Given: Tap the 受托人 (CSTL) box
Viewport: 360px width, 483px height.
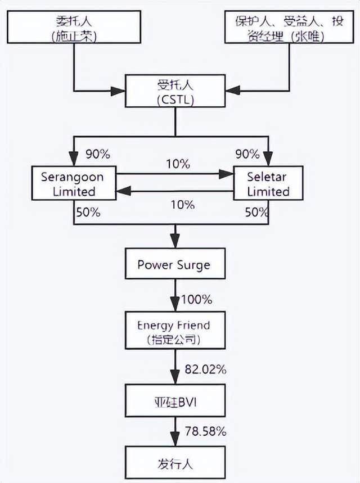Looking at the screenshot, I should click(175, 92).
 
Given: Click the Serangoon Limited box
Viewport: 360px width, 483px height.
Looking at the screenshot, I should click(73, 184).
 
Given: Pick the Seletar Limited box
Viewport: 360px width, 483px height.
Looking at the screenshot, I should click(268, 184).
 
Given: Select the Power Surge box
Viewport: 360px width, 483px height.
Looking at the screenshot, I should click(175, 264).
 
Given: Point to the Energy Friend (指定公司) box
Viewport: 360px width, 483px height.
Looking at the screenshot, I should click(175, 332).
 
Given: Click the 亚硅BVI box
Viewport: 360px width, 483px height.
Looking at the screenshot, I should click(175, 400).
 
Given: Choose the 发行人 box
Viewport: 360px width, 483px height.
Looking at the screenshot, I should click(175, 463).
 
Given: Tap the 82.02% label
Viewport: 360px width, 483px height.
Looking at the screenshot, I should click(205, 369).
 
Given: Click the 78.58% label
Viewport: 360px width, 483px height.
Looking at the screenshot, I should click(205, 431).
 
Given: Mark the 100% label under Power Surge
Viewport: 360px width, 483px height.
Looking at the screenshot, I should click(196, 299).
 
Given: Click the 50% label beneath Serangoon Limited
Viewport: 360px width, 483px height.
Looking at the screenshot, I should click(88, 213).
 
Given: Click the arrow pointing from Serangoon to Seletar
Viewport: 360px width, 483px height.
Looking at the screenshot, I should click(174, 174).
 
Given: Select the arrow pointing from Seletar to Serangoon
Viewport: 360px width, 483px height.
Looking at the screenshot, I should click(174, 191).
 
